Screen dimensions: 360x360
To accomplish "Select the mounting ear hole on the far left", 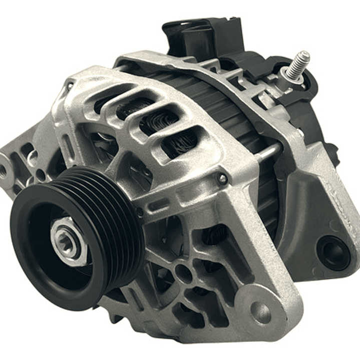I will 5,170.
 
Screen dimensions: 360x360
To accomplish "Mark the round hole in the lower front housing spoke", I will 183,273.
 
